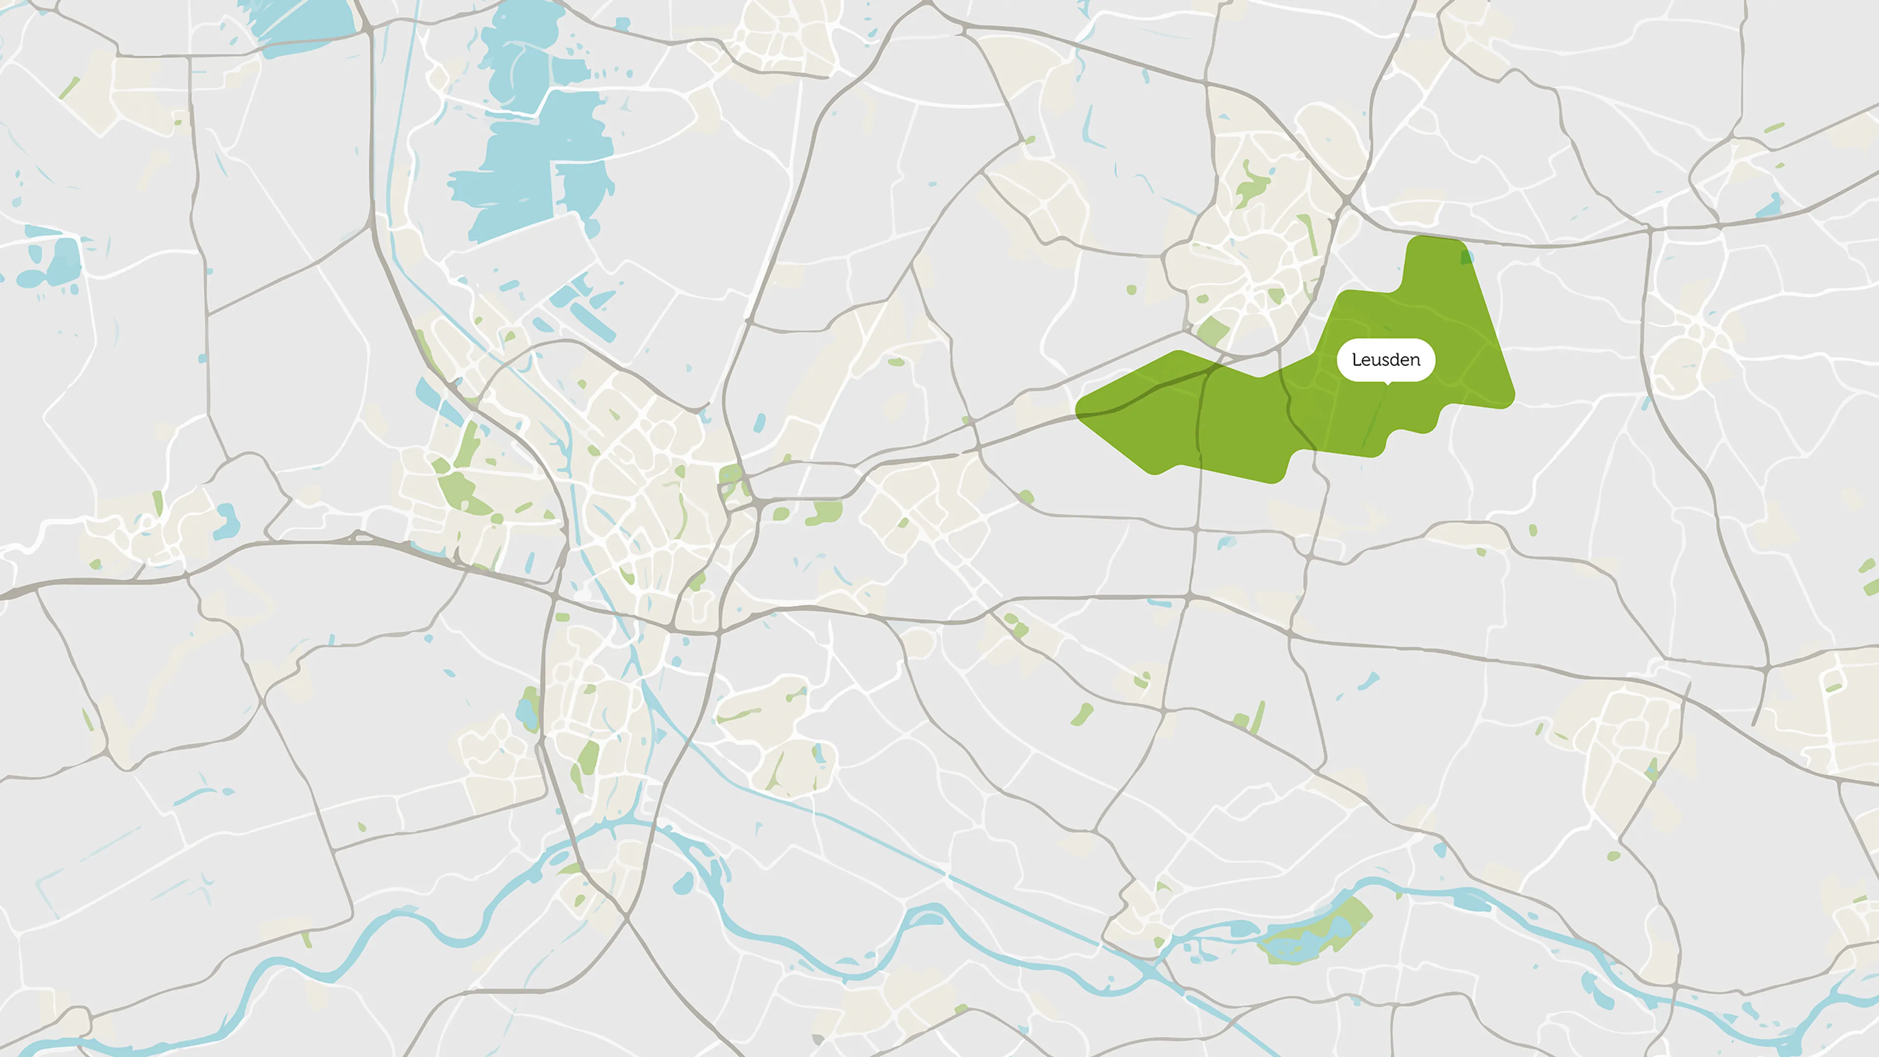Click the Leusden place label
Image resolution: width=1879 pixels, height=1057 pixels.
1385,360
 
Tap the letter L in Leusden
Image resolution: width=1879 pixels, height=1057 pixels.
1356,360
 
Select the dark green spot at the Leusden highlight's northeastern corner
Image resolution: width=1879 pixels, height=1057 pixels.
1466,257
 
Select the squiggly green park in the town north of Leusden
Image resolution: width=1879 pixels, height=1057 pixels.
1252,186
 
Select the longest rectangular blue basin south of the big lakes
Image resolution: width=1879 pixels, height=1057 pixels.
591,321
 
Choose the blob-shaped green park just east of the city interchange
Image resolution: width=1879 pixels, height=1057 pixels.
824,513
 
